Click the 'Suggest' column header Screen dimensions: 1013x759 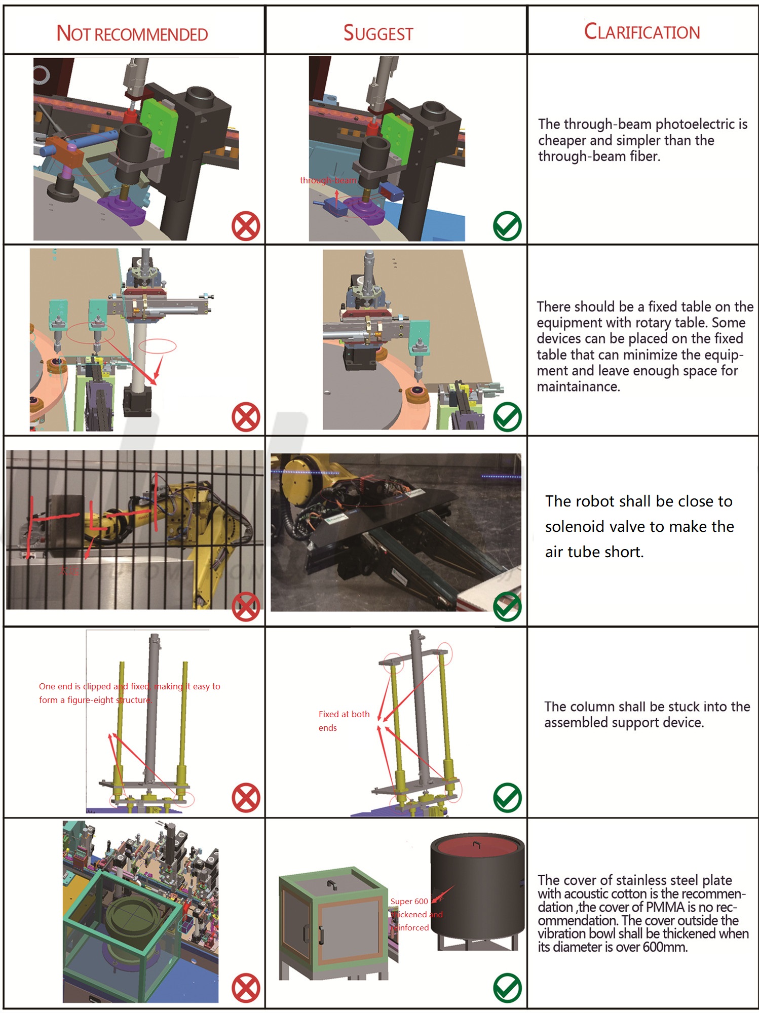378,33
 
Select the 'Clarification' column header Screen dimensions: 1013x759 641,32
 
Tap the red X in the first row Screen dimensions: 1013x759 246,226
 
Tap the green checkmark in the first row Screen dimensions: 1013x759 507,226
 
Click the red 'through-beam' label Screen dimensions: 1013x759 328,180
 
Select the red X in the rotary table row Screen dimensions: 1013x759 246,417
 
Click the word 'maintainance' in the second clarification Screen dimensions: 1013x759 578,387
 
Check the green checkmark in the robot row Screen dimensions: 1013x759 507,606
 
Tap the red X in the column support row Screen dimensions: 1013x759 246,798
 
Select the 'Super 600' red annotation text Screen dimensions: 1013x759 409,902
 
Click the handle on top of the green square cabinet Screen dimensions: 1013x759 332,884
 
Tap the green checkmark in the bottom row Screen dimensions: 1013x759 507,988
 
